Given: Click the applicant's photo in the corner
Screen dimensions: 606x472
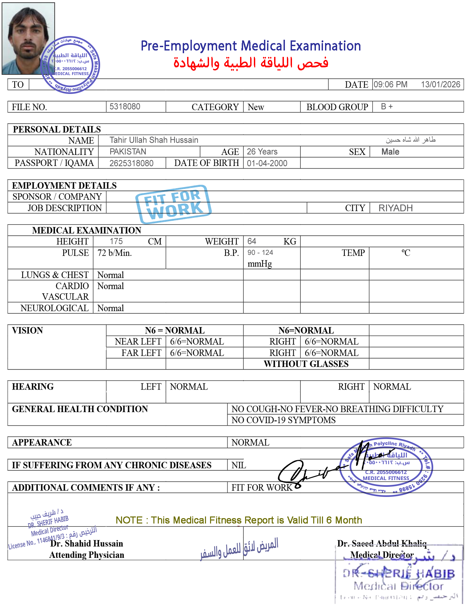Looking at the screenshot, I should [x=28, y=38].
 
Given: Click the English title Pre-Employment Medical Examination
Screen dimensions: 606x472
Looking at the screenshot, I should [x=251, y=46].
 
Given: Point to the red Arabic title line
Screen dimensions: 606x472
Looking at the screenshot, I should [x=251, y=63].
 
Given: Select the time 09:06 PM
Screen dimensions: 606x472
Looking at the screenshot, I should [x=390, y=85].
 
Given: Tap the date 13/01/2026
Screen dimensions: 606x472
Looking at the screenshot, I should [x=440, y=85].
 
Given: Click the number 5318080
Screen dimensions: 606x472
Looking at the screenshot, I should [x=125, y=106].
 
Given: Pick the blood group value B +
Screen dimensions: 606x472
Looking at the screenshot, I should [x=387, y=106].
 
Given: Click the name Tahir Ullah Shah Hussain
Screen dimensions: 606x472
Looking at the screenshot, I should [x=154, y=140].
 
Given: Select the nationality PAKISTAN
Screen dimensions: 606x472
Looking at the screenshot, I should [x=128, y=151].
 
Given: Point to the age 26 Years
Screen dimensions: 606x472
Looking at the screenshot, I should [x=262, y=151].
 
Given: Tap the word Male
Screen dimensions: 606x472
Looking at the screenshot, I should [x=390, y=152].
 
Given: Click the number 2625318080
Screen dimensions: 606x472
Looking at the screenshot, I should [x=131, y=163].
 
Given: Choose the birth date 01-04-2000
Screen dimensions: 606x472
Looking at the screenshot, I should [x=267, y=163].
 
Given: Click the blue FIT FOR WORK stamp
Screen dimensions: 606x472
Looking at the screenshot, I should [x=173, y=204].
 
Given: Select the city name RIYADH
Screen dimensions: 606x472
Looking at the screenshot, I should [x=395, y=208].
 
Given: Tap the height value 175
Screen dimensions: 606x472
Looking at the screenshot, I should [x=116, y=241].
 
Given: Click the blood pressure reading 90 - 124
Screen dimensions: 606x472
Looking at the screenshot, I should [x=260, y=253].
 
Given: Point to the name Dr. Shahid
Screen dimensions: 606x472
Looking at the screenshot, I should [x=70, y=543].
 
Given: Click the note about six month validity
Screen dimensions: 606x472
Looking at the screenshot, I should [x=238, y=520].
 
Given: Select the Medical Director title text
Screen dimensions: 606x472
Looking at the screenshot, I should [x=382, y=554].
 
